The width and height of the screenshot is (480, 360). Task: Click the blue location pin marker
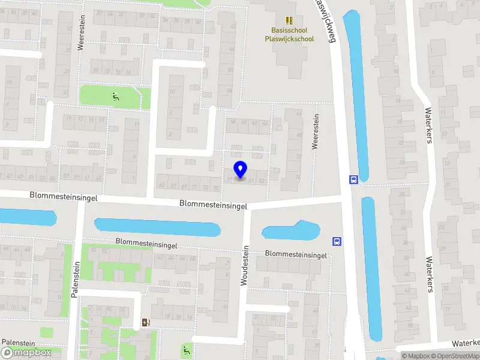point(240,170)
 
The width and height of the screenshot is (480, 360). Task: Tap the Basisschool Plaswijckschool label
point(289,34)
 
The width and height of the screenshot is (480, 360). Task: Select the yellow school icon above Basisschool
point(289,20)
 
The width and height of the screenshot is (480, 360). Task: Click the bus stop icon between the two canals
point(353,179)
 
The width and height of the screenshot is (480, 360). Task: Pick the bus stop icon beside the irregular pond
point(337,242)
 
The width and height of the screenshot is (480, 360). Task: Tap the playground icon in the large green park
point(115,95)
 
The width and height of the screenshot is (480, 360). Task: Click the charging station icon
point(146,323)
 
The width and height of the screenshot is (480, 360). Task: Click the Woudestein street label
point(244,265)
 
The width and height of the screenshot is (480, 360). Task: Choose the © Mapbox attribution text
point(416,356)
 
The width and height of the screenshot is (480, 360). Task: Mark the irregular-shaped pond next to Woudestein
point(290,232)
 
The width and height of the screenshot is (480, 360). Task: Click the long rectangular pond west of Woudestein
point(157,227)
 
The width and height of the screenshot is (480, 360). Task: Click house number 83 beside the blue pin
point(261,181)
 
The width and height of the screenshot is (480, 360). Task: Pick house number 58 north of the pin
point(233,122)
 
